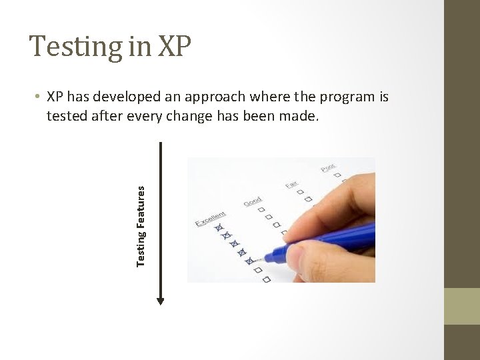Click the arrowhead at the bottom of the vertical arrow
[160, 300]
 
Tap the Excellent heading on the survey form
[211, 219]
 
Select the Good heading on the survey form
[253, 201]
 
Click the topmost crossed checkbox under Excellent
[218, 229]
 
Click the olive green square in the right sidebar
[462, 306]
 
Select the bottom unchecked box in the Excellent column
[266, 279]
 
